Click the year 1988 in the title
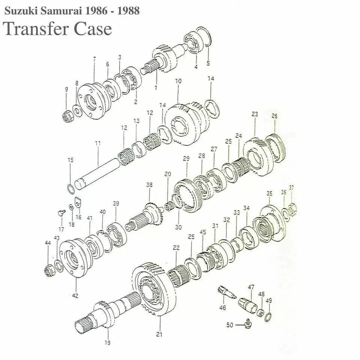(128, 11)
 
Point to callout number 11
(98, 144)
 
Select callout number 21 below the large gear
(159, 334)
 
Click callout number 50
(229, 325)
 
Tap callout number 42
(75, 296)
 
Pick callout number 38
(149, 184)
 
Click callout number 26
(274, 116)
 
